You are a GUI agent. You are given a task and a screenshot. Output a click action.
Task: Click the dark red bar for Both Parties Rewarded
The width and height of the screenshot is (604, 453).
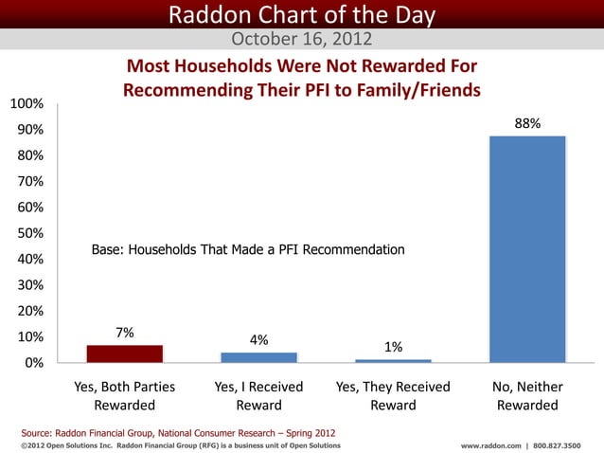click(x=124, y=353)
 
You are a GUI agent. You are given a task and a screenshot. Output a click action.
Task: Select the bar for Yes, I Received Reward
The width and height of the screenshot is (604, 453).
click(x=258, y=357)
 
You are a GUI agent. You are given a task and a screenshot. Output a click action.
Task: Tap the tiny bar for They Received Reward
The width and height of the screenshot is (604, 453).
click(x=393, y=361)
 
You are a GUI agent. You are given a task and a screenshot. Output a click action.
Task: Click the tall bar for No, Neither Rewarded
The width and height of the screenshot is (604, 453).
click(x=527, y=249)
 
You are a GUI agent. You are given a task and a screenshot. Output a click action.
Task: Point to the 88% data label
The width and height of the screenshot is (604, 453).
click(x=527, y=123)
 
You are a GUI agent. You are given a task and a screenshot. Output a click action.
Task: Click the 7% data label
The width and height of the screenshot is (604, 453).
click(x=124, y=333)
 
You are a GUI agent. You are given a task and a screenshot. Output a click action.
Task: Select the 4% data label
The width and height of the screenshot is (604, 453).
click(x=258, y=339)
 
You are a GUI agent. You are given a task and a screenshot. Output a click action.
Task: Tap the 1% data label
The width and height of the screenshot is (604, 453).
click(x=393, y=347)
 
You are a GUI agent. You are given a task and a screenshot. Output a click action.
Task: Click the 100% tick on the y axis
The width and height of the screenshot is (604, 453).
click(x=26, y=103)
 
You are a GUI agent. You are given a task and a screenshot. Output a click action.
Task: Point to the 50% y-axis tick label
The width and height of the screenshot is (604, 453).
click(x=26, y=233)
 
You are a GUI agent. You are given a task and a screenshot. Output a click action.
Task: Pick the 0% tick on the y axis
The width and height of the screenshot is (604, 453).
click(x=32, y=363)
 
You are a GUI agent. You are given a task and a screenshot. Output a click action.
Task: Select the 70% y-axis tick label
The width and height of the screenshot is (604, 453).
click(x=26, y=181)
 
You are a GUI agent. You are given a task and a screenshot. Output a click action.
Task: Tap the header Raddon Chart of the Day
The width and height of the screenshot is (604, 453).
click(x=302, y=15)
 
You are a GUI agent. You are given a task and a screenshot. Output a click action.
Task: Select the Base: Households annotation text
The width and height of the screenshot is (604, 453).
click(x=248, y=250)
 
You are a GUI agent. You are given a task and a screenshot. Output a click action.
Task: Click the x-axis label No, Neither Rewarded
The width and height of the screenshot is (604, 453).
click(x=527, y=396)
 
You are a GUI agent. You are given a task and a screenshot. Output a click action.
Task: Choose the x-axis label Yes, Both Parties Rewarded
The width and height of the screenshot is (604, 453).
click(x=124, y=396)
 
